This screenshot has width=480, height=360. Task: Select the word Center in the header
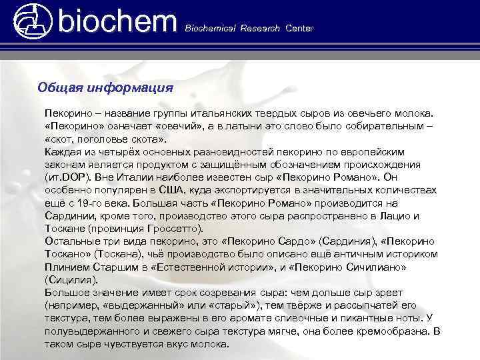299,29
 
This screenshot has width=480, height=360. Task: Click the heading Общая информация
105,87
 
